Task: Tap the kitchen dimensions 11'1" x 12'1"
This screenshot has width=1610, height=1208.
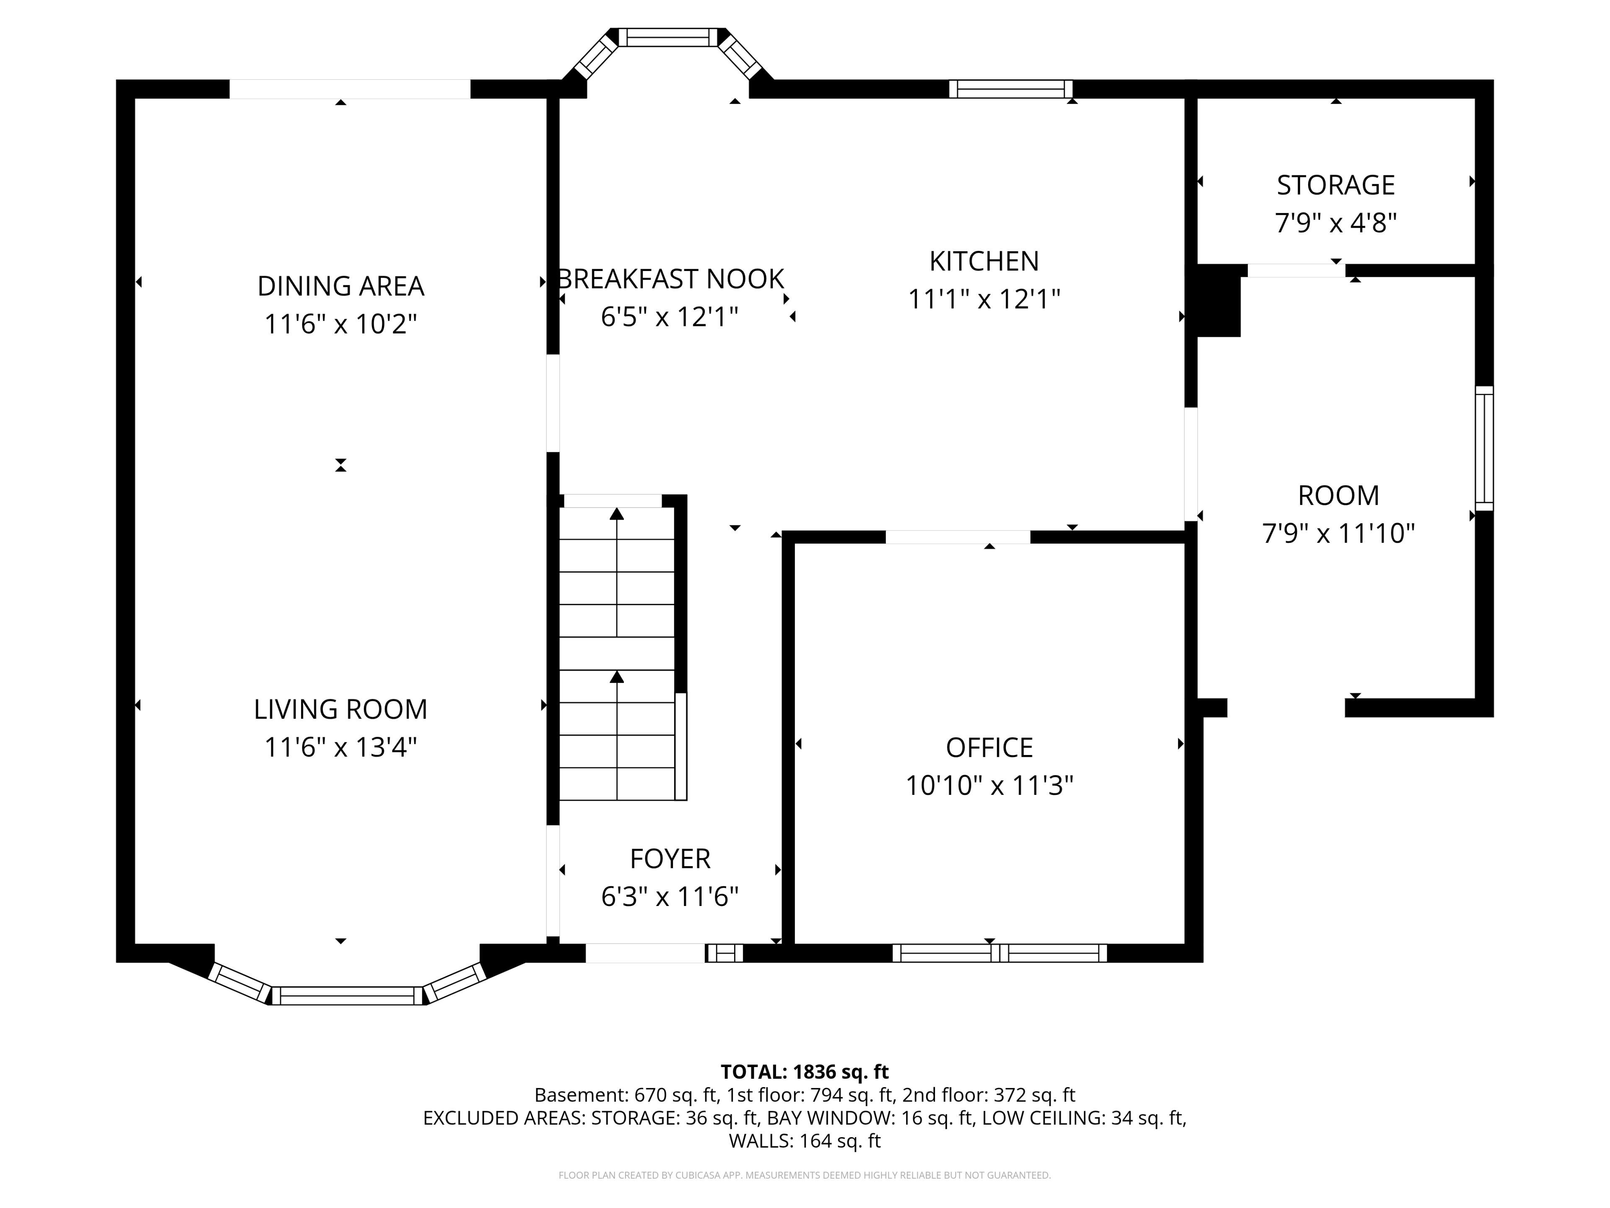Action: pyautogui.click(x=984, y=299)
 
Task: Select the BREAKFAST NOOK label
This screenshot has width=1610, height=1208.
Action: pyautogui.click(x=670, y=279)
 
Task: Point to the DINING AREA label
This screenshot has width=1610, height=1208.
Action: pyautogui.click(x=340, y=286)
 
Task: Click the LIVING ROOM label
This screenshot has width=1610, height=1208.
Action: pyautogui.click(x=340, y=709)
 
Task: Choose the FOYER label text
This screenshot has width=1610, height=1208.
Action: pyautogui.click(x=670, y=859)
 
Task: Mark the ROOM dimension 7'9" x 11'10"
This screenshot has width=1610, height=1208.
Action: pyautogui.click(x=1338, y=533)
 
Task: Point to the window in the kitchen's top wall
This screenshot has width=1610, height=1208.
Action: pyautogui.click(x=1011, y=89)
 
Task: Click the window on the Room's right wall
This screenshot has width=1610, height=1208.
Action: pyautogui.click(x=1484, y=448)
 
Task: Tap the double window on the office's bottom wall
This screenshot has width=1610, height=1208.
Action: pyautogui.click(x=1000, y=953)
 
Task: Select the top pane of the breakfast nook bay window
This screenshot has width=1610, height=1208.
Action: pyautogui.click(x=668, y=37)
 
